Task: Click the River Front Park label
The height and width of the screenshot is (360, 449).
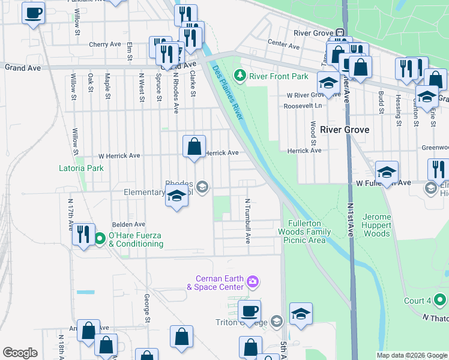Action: click(279, 76)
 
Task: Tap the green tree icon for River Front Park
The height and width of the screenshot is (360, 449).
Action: click(241, 76)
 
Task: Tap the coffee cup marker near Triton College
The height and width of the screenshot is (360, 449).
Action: click(249, 311)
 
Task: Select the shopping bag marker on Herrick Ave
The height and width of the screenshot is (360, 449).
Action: click(194, 146)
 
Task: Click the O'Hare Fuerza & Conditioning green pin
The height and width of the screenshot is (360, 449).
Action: click(100, 239)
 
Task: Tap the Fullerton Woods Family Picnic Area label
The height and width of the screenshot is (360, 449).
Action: click(305, 232)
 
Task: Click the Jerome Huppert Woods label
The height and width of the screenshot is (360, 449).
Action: click(377, 225)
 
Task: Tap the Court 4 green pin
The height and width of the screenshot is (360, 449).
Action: click(439, 298)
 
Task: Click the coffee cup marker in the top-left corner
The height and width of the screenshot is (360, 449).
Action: click(34, 13)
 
